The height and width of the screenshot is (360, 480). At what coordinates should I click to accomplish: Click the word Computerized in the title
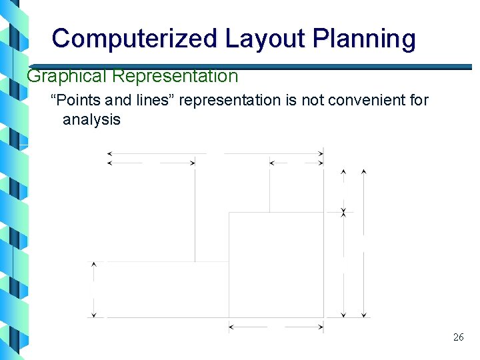tap(134, 39)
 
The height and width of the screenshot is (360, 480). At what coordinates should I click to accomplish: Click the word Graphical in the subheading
tap(67, 76)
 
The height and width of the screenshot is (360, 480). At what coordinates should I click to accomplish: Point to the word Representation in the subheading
tap(175, 76)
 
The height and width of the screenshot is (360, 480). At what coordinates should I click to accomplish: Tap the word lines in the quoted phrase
tap(154, 101)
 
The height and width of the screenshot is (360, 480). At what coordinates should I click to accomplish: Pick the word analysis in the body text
tap(91, 120)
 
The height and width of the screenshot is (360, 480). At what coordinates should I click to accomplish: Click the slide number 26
tap(458, 337)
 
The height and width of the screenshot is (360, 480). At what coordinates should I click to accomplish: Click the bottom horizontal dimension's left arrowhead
tap(231, 327)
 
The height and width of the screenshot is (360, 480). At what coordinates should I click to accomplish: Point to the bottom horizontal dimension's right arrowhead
tap(321, 327)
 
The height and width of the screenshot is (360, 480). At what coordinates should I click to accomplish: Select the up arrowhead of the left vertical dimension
tap(94, 265)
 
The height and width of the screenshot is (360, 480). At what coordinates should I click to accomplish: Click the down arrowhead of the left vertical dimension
tap(94, 314)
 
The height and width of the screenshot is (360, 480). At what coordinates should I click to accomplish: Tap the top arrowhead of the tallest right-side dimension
tap(363, 172)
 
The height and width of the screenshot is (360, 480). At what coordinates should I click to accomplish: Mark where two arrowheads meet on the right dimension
tap(343, 212)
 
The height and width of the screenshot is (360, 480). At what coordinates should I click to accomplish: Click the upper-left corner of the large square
tap(229, 213)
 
